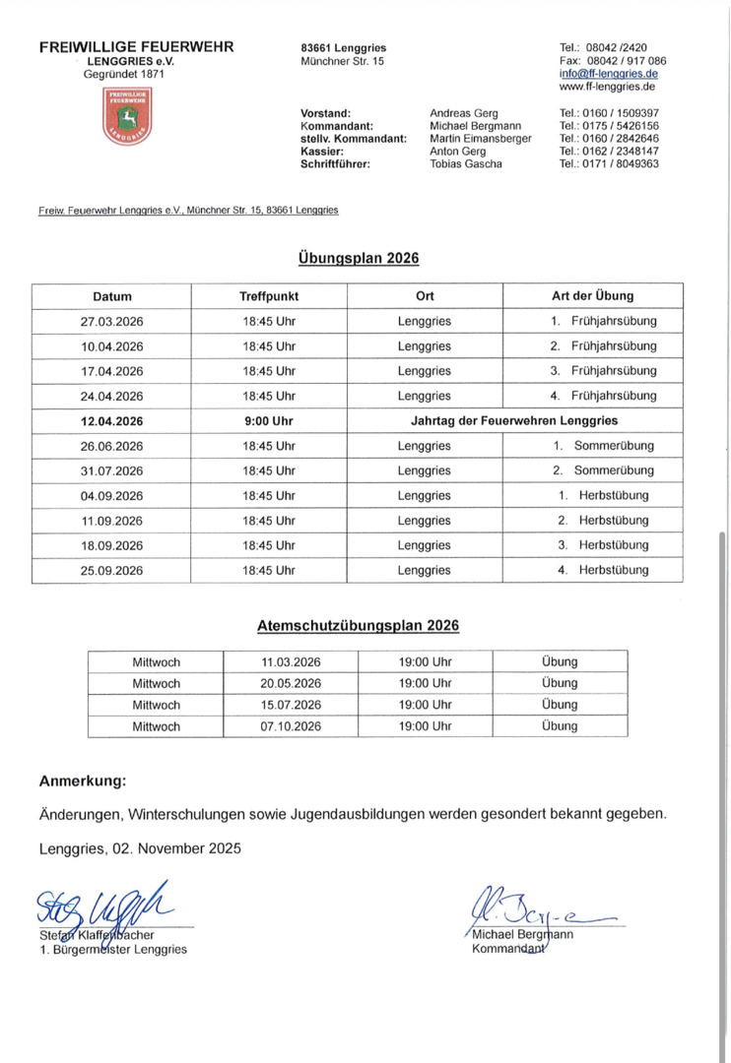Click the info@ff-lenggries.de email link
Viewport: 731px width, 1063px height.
pyautogui.click(x=609, y=74)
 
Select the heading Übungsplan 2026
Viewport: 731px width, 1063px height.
pyautogui.click(x=359, y=259)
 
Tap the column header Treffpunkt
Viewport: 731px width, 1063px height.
pyautogui.click(x=269, y=296)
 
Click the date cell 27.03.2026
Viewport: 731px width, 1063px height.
pyautogui.click(x=112, y=322)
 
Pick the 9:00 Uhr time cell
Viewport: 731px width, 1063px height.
pyautogui.click(x=269, y=421)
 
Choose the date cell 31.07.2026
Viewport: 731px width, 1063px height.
pyautogui.click(x=112, y=470)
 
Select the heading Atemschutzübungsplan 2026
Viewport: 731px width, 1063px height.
pyautogui.click(x=358, y=625)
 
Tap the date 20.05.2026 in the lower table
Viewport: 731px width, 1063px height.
pyautogui.click(x=291, y=683)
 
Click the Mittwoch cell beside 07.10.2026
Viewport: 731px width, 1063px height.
pyautogui.click(x=156, y=727)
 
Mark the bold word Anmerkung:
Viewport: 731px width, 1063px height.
pyautogui.click(x=83, y=782)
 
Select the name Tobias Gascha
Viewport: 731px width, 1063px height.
pyautogui.click(x=466, y=164)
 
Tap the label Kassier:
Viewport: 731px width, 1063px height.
pyautogui.click(x=321, y=152)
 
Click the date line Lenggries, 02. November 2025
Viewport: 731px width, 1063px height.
pyautogui.click(x=139, y=847)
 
